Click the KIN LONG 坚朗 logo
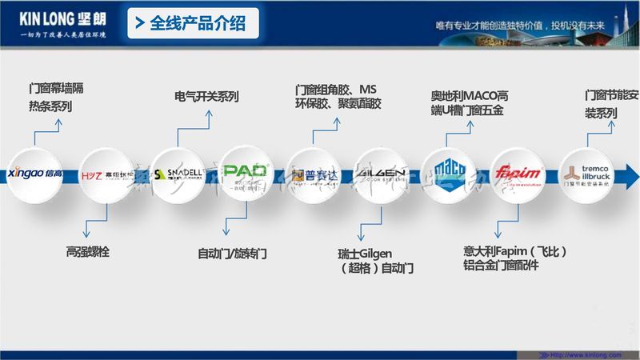coord(61,18)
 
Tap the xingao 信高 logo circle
coord(40,173)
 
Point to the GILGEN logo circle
coord(382,173)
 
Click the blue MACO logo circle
coord(450,171)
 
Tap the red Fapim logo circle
coord(517,173)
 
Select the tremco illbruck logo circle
coord(588,173)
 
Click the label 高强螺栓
coord(87,252)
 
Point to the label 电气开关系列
coord(206,97)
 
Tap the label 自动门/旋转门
coord(232,254)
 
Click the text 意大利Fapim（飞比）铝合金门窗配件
coord(515,258)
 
